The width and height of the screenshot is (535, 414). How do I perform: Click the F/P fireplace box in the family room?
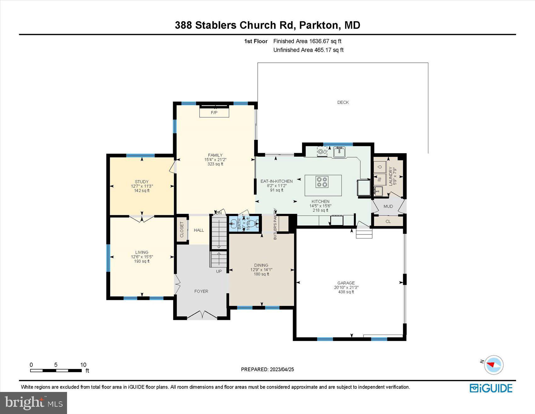pyautogui.click(x=214, y=112)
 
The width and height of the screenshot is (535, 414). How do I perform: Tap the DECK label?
pyautogui.click(x=343, y=102)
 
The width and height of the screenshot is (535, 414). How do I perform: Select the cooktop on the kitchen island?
pyautogui.click(x=322, y=182)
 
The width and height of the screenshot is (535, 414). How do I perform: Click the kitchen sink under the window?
pyautogui.click(x=339, y=152)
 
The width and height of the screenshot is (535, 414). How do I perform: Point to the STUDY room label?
pyautogui.click(x=142, y=182)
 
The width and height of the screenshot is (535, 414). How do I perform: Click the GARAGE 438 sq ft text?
pyautogui.click(x=346, y=292)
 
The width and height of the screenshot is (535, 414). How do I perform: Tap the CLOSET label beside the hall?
pyautogui.click(x=182, y=230)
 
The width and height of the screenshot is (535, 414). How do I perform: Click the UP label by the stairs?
pyautogui.click(x=219, y=271)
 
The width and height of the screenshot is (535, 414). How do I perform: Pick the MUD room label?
pyautogui.click(x=388, y=206)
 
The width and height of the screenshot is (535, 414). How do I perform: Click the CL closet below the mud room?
pyautogui.click(x=388, y=221)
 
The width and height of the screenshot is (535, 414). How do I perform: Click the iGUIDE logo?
pyautogui.click(x=491, y=388)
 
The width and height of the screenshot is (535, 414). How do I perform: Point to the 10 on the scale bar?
pyautogui.click(x=83, y=365)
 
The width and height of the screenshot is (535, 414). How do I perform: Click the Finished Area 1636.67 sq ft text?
pyautogui.click(x=307, y=41)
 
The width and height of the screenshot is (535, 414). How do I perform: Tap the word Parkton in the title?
pyautogui.click(x=318, y=25)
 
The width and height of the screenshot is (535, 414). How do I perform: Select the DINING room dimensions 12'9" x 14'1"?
pyautogui.click(x=261, y=270)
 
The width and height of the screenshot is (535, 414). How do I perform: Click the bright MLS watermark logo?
pyautogui.click(x=33, y=403)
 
